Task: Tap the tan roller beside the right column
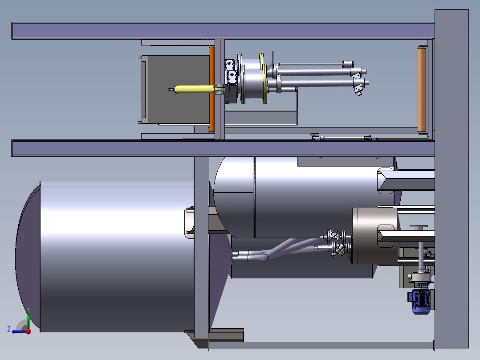point(422,90)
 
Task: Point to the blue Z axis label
point(9,329)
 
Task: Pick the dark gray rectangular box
point(175,90)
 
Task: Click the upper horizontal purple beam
point(223,31)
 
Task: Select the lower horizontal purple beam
point(223,148)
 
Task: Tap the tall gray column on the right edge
point(452,179)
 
